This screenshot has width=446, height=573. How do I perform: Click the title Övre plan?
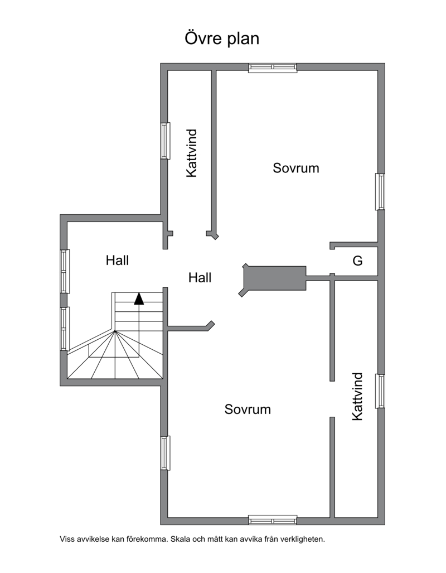click(x=222, y=38)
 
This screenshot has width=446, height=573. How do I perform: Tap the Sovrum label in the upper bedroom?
click(x=296, y=168)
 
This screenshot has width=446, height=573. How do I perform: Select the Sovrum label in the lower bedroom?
click(x=248, y=410)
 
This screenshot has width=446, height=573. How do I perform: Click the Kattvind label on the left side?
click(x=192, y=153)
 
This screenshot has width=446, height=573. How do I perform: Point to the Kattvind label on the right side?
click(x=357, y=397)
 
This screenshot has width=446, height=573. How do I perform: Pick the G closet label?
click(x=357, y=261)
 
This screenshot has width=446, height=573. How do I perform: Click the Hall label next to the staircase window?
click(x=117, y=261)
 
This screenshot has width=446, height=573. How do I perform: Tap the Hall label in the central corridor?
click(x=200, y=278)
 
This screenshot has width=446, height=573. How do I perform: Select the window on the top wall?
click(x=273, y=68)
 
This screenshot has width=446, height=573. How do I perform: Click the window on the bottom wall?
click(x=273, y=519)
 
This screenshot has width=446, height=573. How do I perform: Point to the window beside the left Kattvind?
click(x=166, y=141)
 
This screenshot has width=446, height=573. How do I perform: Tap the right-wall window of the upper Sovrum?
click(x=380, y=191)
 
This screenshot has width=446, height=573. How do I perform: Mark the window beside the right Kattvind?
click(x=380, y=391)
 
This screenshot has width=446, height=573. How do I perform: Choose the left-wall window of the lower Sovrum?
click(x=166, y=453)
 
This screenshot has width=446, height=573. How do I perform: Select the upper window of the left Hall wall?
click(x=65, y=271)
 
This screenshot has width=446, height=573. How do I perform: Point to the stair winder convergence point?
click(x=115, y=331)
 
